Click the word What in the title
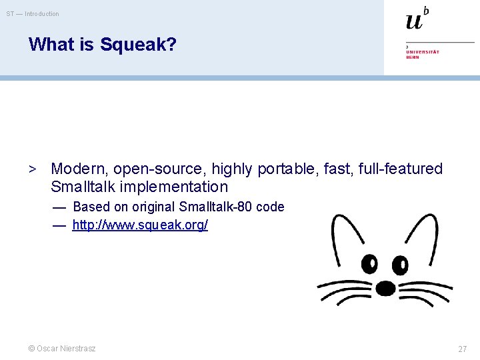point(51,45)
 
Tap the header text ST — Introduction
point(33,13)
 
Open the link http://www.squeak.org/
point(140,225)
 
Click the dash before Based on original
point(59,207)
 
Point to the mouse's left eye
point(369,265)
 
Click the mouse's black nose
point(385,288)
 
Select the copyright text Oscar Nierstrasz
point(61,349)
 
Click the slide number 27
point(462,349)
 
